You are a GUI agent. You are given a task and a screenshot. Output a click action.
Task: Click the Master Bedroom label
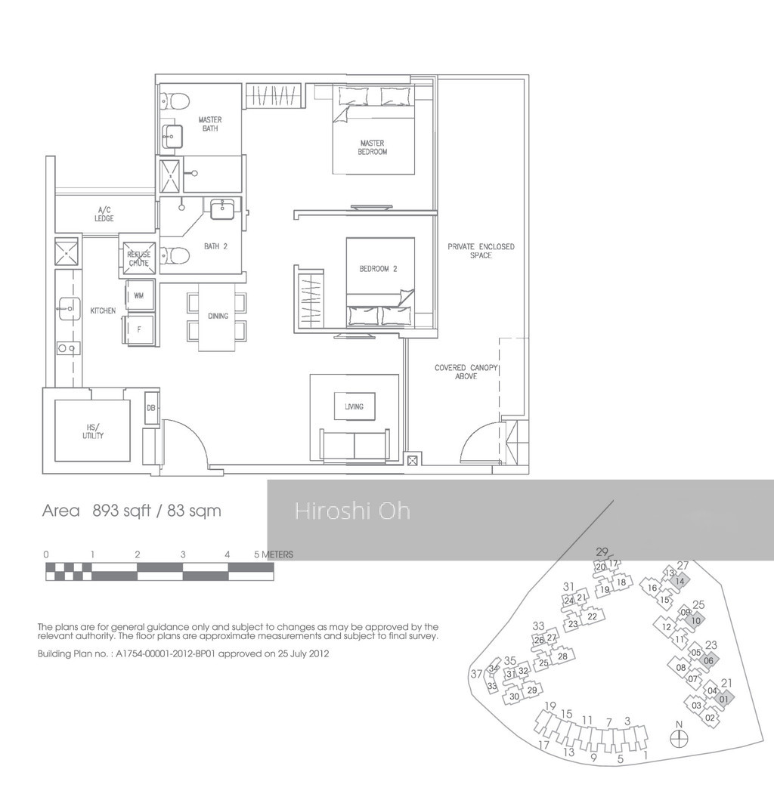pyautogui.click(x=372, y=147)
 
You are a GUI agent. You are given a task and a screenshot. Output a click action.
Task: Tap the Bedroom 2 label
pyautogui.click(x=378, y=269)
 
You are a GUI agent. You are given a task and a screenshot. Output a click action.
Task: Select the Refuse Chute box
pyautogui.click(x=139, y=258)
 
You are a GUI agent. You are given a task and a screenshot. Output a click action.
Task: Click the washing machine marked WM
pyautogui.click(x=139, y=295)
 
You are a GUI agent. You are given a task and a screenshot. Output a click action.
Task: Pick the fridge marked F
pyautogui.click(x=138, y=329)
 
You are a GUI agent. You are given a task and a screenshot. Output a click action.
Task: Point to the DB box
pyautogui.click(x=151, y=408)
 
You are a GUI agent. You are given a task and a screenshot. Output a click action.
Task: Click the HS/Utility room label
pyautogui.click(x=93, y=431)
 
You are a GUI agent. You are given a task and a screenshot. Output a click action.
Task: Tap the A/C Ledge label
pyautogui.click(x=104, y=214)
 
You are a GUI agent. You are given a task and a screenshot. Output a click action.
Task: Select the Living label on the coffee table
pyautogui.click(x=354, y=406)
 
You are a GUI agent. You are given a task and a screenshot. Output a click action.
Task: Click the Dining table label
pyautogui.click(x=218, y=316)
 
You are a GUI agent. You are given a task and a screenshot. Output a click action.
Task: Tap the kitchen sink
pyautogui.click(x=69, y=309)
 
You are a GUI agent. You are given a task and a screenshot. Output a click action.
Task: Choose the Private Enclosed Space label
pyautogui.click(x=481, y=251)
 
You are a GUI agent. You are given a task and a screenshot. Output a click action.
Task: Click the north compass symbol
pyautogui.click(x=679, y=738)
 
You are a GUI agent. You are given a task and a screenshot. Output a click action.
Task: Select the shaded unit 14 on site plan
pyautogui.click(x=680, y=581)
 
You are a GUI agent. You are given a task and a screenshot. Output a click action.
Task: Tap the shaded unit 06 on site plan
pyautogui.click(x=709, y=661)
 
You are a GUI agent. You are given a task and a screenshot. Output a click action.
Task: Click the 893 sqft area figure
pyautogui.click(x=122, y=511)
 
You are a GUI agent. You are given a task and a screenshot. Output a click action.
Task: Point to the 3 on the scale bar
pyautogui.click(x=183, y=554)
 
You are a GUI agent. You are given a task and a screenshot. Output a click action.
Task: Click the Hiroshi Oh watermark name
pyautogui.click(x=353, y=511)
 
